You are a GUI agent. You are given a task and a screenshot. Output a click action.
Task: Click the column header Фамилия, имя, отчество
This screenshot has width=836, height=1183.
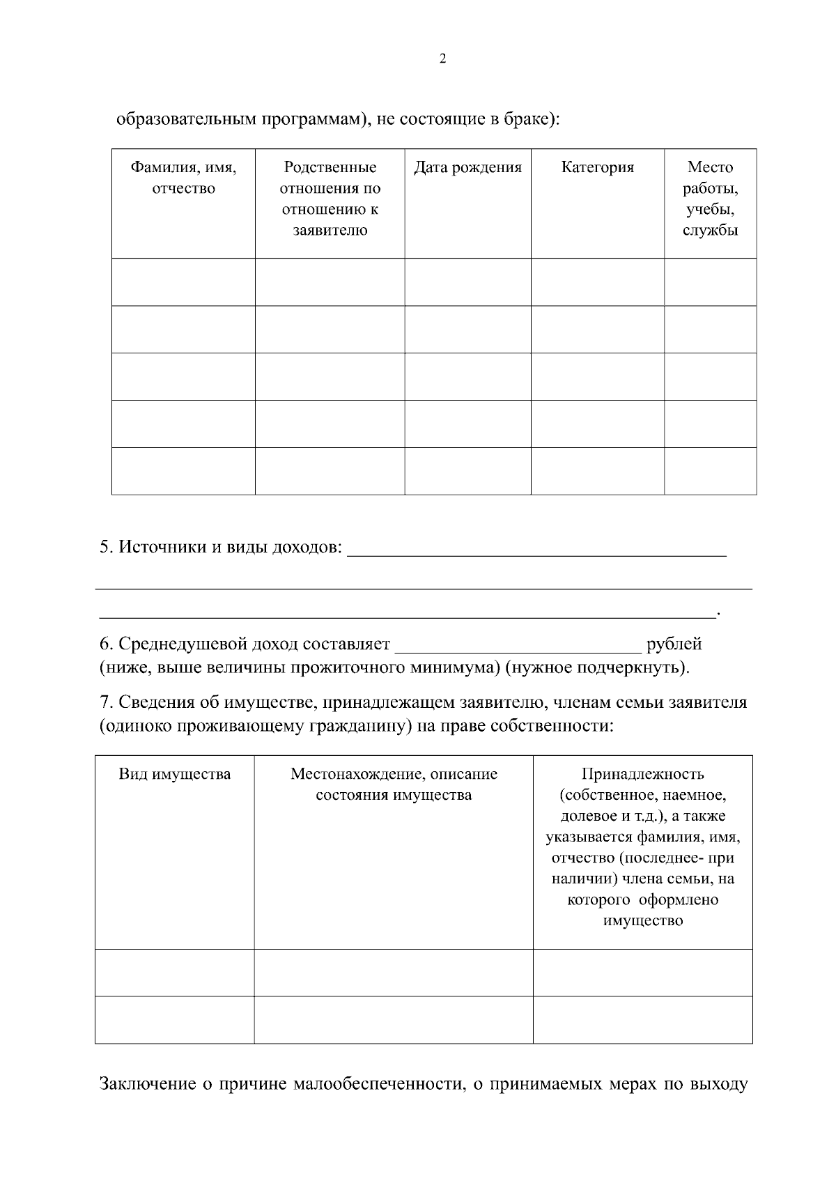[184, 178]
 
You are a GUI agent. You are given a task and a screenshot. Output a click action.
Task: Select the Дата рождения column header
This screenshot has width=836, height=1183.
[467, 167]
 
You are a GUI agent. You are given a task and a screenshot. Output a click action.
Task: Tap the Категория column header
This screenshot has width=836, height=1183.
[597, 167]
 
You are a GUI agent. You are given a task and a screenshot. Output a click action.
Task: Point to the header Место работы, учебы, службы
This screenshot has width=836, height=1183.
[710, 199]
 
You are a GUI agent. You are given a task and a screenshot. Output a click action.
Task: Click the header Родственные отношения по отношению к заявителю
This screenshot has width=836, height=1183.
[330, 199]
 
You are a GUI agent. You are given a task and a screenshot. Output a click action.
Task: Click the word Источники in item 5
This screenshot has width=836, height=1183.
[161, 547]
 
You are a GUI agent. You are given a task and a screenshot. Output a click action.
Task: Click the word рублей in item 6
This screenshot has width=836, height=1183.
[674, 644]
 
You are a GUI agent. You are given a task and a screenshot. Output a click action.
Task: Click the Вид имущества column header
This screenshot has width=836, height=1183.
[174, 774]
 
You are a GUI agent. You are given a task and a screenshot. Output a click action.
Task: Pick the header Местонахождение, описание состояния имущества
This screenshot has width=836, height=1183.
[394, 784]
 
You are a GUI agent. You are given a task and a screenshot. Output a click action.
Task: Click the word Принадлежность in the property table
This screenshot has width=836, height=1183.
[642, 774]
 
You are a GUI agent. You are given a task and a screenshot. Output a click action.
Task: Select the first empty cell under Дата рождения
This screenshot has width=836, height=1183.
[467, 282]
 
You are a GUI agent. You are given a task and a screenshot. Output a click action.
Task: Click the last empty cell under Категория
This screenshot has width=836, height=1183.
[597, 471]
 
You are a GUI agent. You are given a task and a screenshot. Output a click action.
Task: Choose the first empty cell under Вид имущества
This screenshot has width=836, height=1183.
[174, 973]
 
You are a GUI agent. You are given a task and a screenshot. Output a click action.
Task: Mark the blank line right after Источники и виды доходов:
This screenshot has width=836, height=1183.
[536, 549]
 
